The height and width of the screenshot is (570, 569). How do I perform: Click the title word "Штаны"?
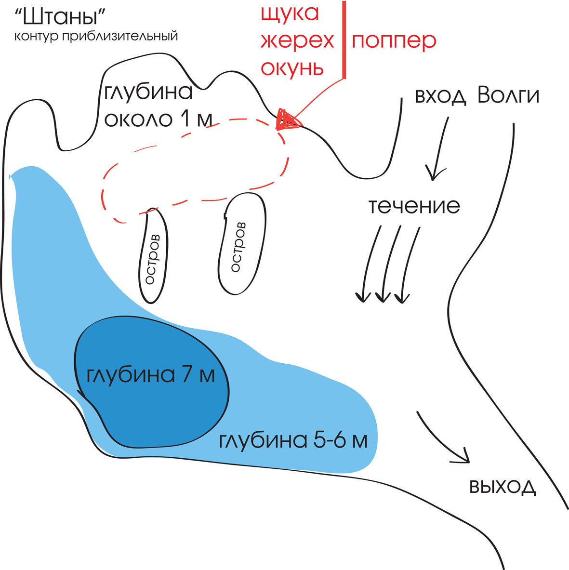click(x=60, y=17)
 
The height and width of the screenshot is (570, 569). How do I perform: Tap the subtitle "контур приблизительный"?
click(x=96, y=36)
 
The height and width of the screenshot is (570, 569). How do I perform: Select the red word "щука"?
click(x=290, y=14)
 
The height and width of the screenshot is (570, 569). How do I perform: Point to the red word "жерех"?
click(x=297, y=40)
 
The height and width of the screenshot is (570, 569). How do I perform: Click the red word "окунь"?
click(x=292, y=68)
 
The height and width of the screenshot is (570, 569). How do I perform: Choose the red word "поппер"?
click(x=394, y=41)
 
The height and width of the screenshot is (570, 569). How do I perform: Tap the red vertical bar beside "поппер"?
click(x=344, y=40)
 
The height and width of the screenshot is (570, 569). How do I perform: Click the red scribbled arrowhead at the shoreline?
click(x=287, y=119)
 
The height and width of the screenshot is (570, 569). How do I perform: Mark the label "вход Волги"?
click(x=477, y=95)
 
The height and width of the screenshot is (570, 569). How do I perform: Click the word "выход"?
click(x=503, y=486)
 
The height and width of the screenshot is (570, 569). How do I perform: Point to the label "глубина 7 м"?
click(x=150, y=374)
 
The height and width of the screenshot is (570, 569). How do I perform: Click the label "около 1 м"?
click(x=158, y=119)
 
